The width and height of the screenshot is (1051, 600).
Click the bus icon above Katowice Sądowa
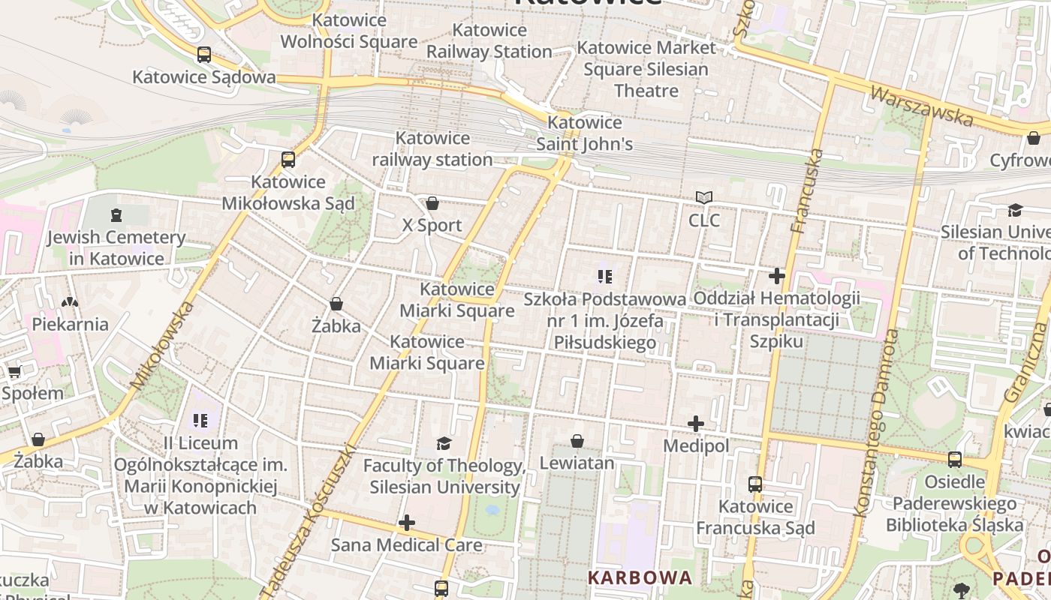coord(203,54)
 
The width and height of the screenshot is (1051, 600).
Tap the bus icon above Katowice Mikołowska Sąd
coord(288,159)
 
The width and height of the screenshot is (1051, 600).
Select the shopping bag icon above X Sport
coord(432,203)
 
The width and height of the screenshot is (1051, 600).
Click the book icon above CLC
coord(703,198)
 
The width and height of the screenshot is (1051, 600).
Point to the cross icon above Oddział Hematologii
coord(777,276)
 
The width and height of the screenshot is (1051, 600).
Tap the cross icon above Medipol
coord(696,424)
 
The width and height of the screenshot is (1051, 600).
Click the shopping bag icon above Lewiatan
coord(577,441)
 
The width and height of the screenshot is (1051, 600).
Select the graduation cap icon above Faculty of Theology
coord(444,443)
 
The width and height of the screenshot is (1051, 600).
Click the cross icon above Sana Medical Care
coord(407,522)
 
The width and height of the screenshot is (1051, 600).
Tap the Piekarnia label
coord(70,324)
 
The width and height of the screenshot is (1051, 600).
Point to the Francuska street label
coord(807,191)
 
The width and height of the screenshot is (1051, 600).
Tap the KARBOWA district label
coord(640,577)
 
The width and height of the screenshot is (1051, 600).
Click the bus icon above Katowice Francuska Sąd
coord(755,484)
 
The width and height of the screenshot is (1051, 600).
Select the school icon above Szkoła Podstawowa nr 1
coord(605,277)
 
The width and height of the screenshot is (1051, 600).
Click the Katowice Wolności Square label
coord(349,31)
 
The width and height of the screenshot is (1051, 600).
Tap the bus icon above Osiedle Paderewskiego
coord(954,459)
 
